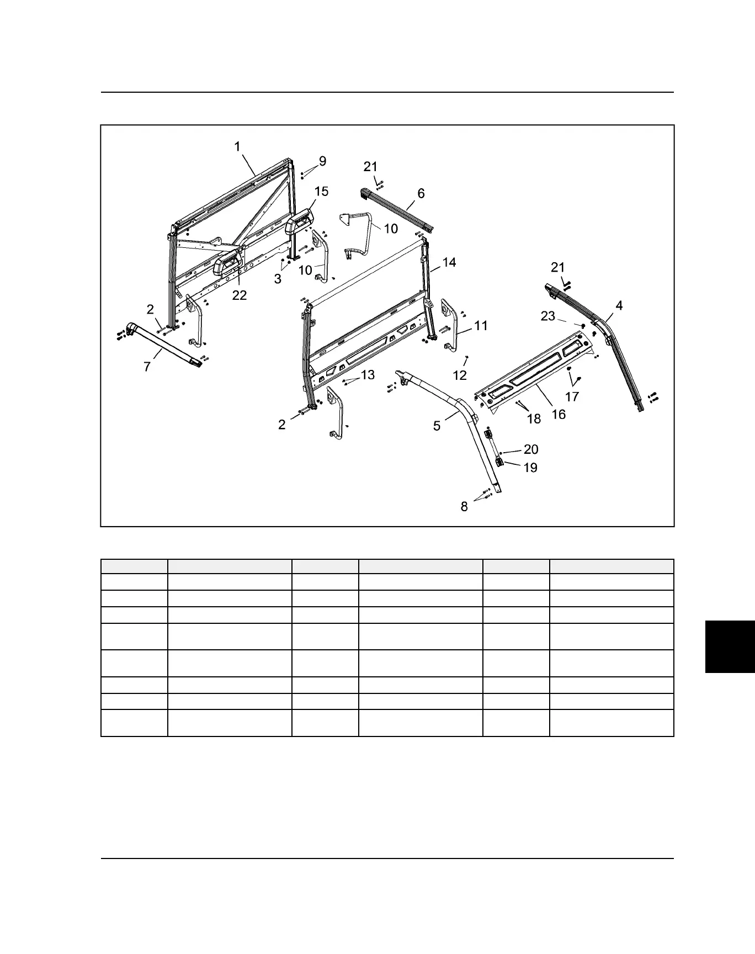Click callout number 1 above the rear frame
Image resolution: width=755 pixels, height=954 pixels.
(237, 147)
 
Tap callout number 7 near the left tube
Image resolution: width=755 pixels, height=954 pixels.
(147, 367)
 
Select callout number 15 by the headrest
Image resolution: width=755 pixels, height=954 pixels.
(321, 192)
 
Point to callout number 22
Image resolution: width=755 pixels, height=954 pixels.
(240, 295)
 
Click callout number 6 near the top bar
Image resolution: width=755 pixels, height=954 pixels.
(421, 193)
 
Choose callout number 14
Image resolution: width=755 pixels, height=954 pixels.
(449, 262)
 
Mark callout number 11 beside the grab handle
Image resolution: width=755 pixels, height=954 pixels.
(481, 326)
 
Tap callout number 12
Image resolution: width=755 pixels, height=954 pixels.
(460, 375)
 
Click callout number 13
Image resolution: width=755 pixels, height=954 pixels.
(368, 375)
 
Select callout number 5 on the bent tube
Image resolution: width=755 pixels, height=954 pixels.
(437, 426)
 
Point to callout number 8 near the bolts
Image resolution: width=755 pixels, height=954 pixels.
(464, 506)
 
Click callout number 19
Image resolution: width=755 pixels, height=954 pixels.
(530, 468)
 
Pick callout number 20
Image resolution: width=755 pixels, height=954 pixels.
(530, 449)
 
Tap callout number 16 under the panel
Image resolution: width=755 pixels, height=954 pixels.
(559, 414)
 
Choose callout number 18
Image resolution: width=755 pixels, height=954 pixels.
(534, 419)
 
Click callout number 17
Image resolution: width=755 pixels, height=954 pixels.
(572, 396)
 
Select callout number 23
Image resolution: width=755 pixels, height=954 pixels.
(547, 316)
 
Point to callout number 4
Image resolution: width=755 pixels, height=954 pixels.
(619, 305)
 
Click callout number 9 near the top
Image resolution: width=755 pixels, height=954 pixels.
(322, 161)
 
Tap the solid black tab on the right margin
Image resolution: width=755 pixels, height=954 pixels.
(730, 646)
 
